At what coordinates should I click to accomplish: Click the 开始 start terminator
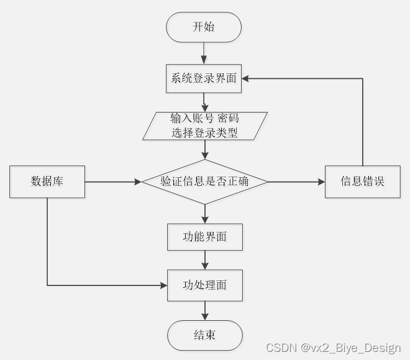[204, 27]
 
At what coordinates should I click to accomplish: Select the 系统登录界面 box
[204, 79]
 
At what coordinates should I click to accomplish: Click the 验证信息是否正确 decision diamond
[205, 182]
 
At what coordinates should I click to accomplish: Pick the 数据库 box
[47, 182]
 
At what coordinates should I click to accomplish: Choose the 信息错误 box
[363, 182]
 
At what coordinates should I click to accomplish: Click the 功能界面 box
[205, 237]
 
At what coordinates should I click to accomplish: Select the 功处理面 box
[205, 285]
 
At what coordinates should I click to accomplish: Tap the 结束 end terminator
[205, 335]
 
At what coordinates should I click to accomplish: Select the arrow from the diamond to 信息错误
[297, 182]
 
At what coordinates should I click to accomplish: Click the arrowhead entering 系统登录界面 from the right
[246, 79]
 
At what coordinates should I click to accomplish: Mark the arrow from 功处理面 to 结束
[205, 311]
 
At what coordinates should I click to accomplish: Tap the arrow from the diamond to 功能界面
[205, 214]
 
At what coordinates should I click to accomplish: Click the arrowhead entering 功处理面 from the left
[164, 285]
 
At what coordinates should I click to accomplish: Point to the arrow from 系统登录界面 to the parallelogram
[204, 102]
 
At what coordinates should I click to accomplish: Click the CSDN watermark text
[333, 348]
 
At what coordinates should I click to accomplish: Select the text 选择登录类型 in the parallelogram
[205, 132]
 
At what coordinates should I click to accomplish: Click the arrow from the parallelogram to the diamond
[205, 149]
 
